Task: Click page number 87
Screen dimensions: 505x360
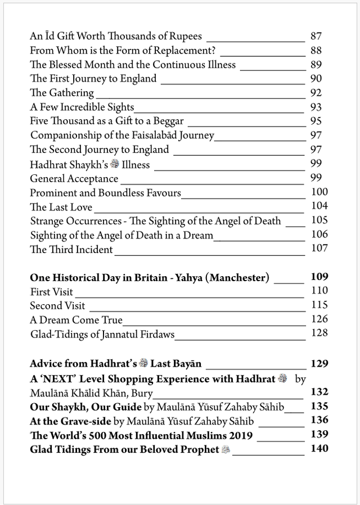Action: [316, 37]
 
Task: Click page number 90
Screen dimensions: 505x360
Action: [316, 79]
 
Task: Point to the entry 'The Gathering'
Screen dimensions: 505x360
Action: [62, 93]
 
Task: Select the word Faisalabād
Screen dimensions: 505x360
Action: [155, 136]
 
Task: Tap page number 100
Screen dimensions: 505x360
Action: [319, 192]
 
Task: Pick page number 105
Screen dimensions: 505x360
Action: [319, 220]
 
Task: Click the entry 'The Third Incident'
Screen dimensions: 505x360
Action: [71, 250]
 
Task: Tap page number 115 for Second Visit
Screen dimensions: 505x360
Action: [319, 305]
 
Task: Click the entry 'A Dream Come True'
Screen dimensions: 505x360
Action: [76, 321]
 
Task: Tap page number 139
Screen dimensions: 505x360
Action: [319, 435]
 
